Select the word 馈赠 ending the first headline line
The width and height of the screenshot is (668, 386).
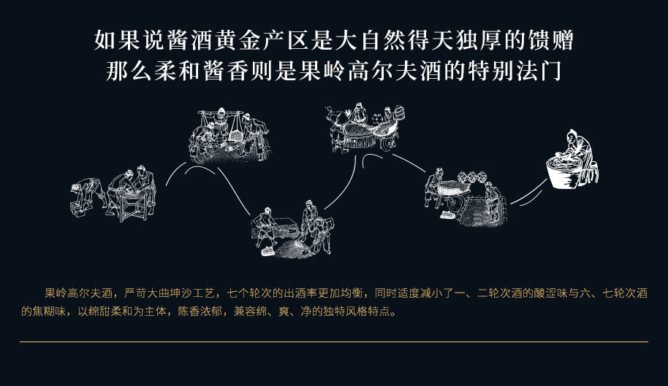[551, 41]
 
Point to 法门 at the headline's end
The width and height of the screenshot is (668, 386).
[539, 71]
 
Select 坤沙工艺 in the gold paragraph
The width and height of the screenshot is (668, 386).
[192, 293]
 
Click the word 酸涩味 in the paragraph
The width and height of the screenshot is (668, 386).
[550, 293]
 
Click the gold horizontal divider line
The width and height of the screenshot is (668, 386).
[334, 341]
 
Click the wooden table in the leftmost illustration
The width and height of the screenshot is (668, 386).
[132, 205]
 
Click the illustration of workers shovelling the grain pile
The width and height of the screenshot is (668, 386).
[292, 230]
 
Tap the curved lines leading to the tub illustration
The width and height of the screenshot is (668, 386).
[528, 194]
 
